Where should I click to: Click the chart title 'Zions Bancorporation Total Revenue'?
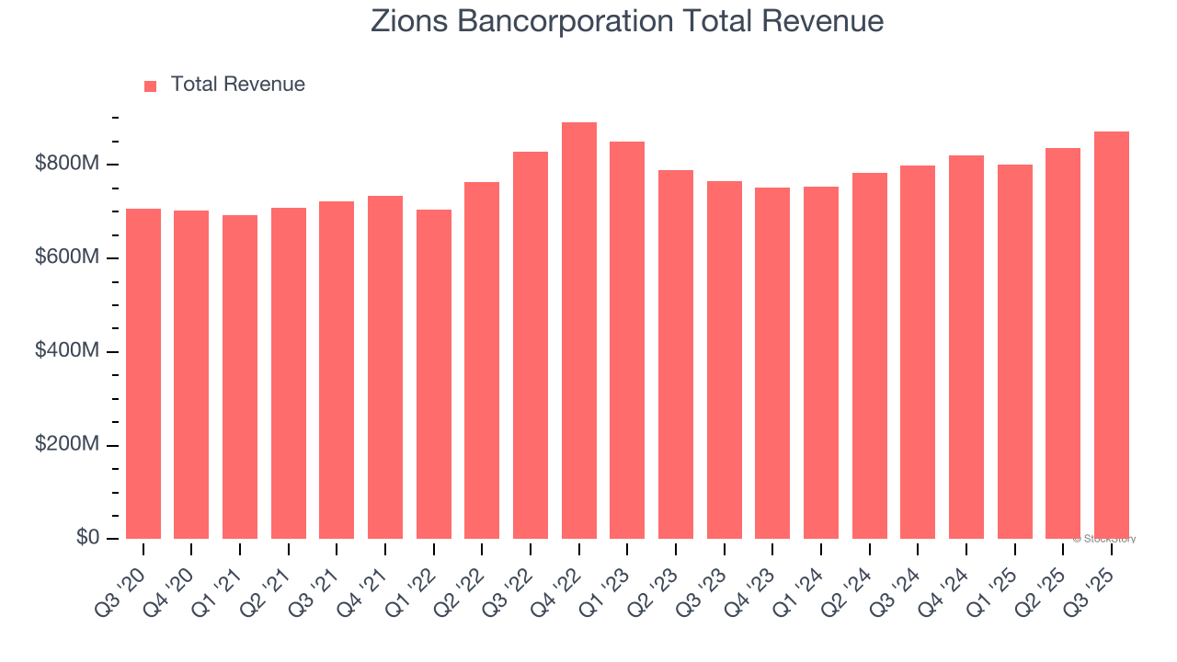(627, 21)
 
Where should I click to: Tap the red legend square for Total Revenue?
(151, 86)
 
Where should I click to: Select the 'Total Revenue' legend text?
(237, 85)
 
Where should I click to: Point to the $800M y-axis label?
(68, 164)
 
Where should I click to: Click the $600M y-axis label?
(68, 257)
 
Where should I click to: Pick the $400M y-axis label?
(68, 351)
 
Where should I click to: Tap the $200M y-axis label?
(68, 444)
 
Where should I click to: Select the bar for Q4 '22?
(579, 331)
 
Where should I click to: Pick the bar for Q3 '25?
(1112, 336)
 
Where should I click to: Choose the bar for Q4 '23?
(772, 363)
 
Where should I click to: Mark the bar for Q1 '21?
(240, 377)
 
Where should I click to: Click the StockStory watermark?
(1104, 539)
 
